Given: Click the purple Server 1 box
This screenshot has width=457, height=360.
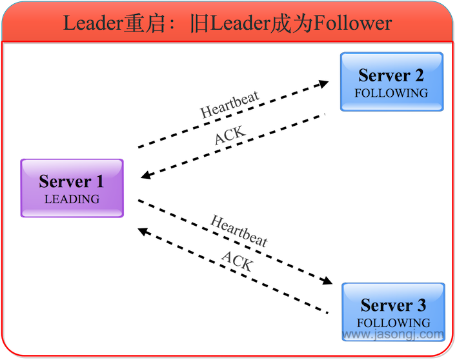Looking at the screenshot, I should [72, 188].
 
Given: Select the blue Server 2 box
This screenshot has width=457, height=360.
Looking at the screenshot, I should [392, 81].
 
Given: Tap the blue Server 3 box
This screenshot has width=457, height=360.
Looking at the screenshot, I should [393, 312].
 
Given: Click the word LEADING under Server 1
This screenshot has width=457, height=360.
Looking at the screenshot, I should [72, 199].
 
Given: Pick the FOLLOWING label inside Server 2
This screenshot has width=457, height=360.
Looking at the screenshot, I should [391, 93].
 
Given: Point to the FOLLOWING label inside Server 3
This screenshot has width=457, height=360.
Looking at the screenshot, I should [393, 323].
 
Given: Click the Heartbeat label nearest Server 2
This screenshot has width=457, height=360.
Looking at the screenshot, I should [230, 105].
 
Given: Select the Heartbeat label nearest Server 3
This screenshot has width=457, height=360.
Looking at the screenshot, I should [239, 231].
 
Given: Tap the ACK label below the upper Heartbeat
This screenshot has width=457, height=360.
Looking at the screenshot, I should [230, 136].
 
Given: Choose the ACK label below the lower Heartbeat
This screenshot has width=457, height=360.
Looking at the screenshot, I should [237, 261].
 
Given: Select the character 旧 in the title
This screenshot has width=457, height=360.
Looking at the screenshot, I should [200, 24].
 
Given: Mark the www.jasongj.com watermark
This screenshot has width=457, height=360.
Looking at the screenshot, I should [393, 335].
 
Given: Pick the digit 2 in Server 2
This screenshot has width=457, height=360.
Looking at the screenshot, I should [419, 75].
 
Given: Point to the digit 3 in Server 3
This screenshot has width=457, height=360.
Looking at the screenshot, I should [421, 305].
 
